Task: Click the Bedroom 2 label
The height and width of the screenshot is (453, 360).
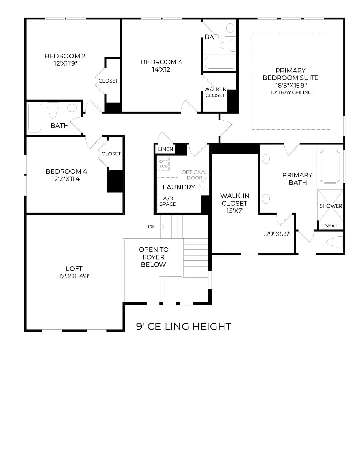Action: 65,56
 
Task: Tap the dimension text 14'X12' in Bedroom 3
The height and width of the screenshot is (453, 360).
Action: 161,69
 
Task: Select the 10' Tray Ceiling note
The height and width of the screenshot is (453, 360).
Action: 291,92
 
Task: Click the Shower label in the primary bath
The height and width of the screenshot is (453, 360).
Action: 330,206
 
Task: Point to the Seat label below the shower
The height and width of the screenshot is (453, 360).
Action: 330,225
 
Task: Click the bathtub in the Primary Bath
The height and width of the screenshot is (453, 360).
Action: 330,167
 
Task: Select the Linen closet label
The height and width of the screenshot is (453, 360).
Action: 165,149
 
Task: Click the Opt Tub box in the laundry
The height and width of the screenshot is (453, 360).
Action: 163,164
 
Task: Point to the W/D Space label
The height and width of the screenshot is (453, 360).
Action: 168,201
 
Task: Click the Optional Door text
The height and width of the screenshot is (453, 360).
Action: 194,175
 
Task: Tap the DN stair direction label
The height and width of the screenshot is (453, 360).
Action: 152,226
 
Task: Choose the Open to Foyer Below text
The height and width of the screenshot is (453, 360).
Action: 153,257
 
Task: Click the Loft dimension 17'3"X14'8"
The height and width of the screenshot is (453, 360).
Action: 74,276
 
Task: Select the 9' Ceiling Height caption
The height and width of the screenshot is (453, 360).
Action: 184,326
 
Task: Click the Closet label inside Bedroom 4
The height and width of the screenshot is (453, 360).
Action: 111,154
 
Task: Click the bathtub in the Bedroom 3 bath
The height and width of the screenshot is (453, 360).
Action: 220,63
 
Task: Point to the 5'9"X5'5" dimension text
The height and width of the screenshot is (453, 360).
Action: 277,234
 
